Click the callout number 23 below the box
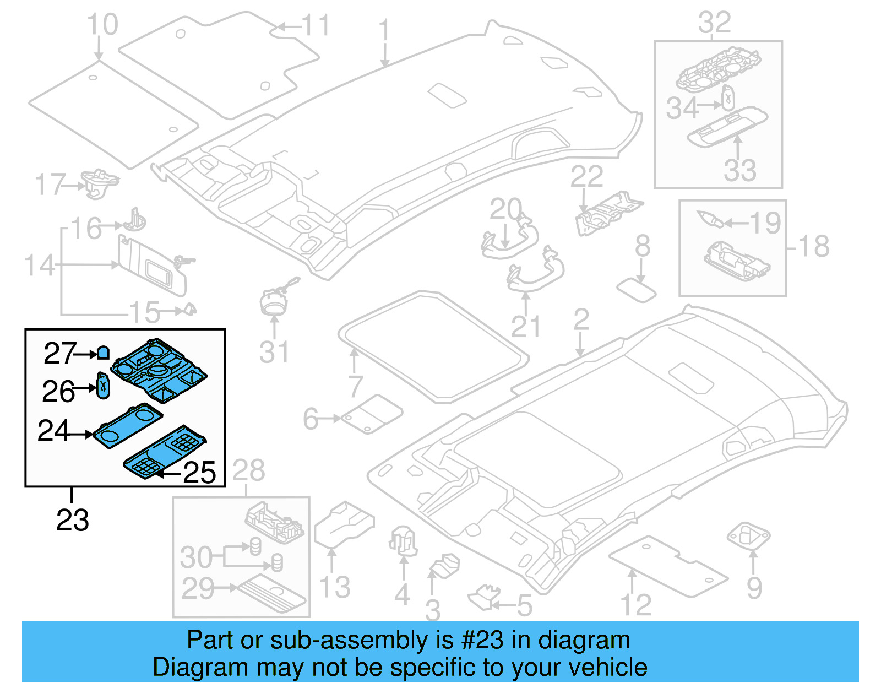pos(72,520)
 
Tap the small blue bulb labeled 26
pos(103,386)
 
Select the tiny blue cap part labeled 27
pos(103,353)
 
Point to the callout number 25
pos(199,473)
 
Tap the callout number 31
pos(274,353)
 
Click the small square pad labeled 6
pos(372,415)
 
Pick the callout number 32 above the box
pos(714,23)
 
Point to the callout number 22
pos(586,177)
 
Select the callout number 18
pos(814,246)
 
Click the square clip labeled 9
pos(748,535)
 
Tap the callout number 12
pos(635,605)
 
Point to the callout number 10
pos(102,25)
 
